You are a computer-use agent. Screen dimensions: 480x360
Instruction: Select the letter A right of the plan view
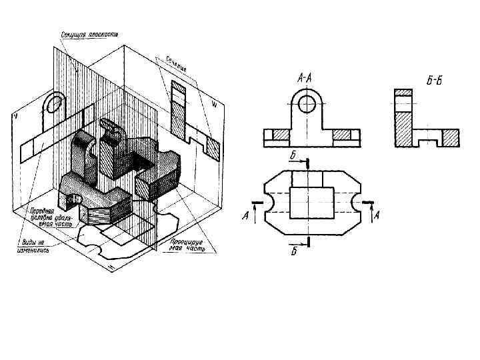pos(377,215)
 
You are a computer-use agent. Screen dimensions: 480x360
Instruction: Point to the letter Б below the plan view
pos(293,251)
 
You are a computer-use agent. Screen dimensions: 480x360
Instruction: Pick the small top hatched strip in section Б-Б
pos(403,92)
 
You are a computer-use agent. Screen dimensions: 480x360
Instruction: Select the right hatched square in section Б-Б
pos(451,137)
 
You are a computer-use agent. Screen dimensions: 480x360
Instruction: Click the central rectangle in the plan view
pos(313,202)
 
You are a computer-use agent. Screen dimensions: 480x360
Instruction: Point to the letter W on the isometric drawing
pos(214,104)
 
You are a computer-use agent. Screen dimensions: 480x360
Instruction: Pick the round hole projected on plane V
pos(55,103)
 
